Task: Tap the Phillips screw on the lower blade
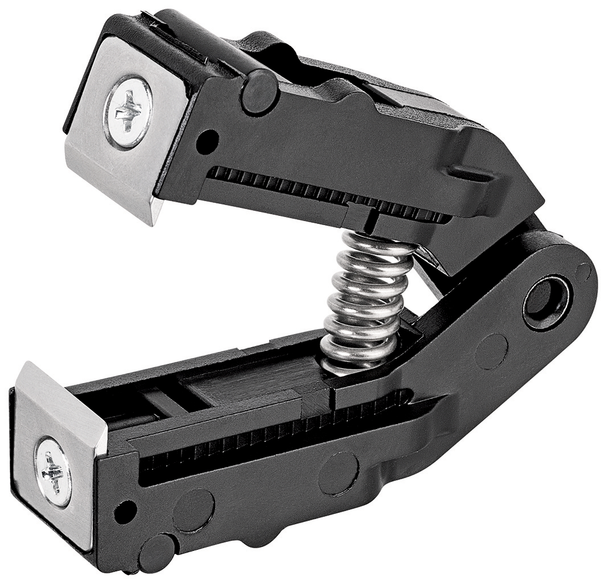[x=53, y=471]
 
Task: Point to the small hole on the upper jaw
[x=207, y=141]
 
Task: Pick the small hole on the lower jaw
[x=125, y=511]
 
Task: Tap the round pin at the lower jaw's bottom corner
[x=156, y=552]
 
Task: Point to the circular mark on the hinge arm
[x=491, y=351]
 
